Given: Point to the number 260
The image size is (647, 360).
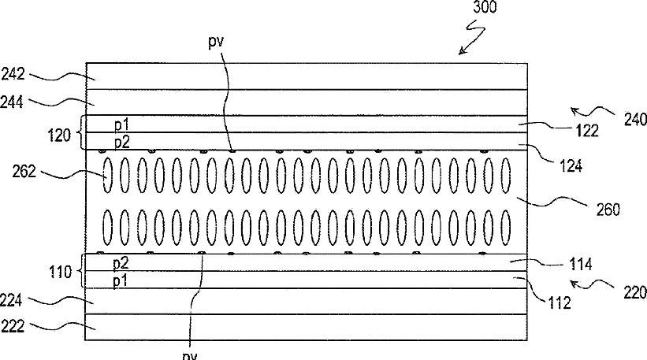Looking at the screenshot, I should pyautogui.click(x=605, y=210).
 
